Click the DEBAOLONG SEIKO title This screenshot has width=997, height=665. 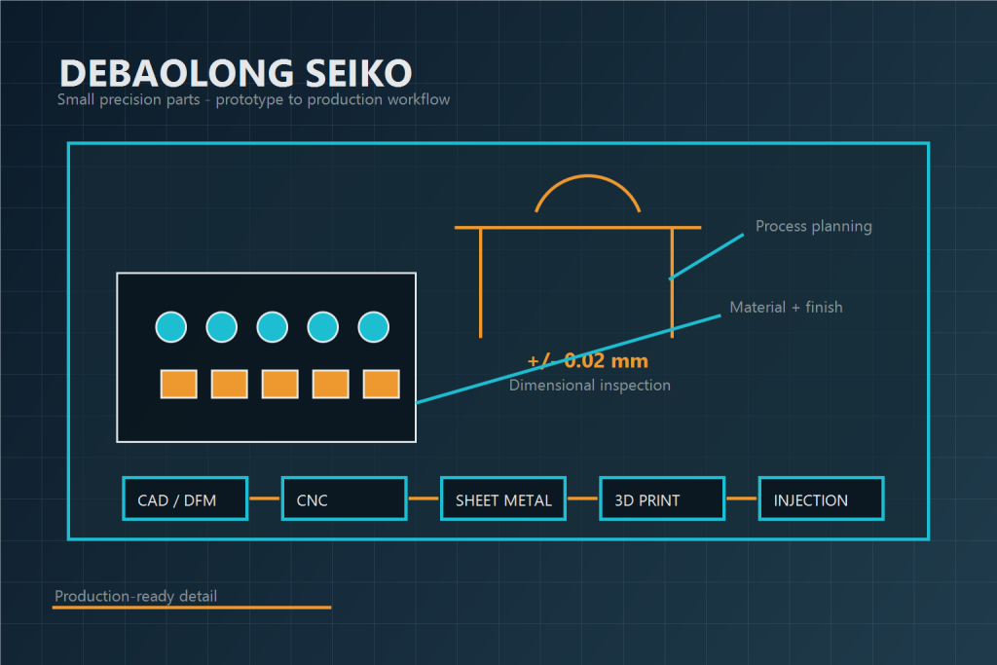[235, 73]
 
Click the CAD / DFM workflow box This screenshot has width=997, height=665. [185, 499]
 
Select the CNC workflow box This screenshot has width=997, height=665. [344, 499]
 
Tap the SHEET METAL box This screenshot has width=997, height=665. [503, 499]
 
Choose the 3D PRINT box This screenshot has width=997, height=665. [662, 499]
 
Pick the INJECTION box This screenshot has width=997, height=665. [821, 499]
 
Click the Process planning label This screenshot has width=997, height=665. [813, 226]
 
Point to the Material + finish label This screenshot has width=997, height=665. [786, 307]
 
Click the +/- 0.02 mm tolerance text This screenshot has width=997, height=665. [587, 361]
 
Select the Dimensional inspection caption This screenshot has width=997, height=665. [589, 385]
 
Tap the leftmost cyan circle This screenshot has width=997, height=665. [171, 327]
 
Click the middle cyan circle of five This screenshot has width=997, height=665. [273, 327]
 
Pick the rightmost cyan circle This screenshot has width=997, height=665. [374, 327]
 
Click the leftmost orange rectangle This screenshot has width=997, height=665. [178, 384]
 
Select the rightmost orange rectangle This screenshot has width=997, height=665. [381, 384]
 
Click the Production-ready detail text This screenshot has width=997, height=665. [135, 596]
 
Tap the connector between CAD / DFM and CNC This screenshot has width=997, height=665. [265, 499]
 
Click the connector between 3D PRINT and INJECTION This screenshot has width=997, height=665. [742, 499]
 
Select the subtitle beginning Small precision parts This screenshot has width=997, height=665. [253, 99]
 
